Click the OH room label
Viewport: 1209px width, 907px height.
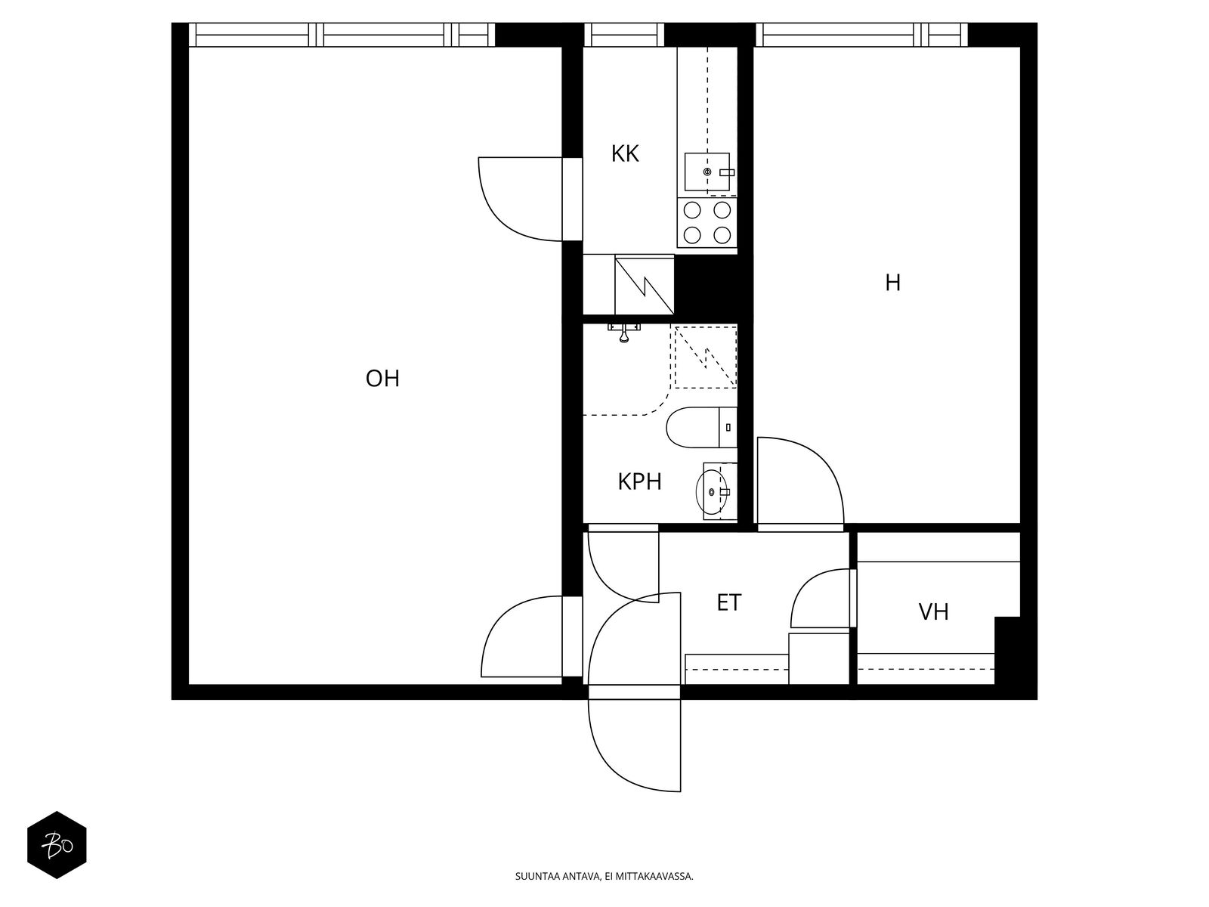(382, 379)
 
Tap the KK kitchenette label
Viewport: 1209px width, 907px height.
(625, 154)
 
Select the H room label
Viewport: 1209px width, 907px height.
(892, 283)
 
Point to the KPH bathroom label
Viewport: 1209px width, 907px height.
(639, 482)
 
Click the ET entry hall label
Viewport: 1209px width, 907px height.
(728, 603)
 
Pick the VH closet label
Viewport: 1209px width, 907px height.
(933, 611)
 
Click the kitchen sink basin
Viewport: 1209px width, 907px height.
(707, 172)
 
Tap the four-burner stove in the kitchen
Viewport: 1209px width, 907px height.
(707, 222)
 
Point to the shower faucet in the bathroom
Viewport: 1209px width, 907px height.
(624, 332)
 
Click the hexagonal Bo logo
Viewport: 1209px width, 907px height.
(57, 845)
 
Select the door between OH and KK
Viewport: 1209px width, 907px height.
(521, 199)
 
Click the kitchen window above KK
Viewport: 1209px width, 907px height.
(623, 35)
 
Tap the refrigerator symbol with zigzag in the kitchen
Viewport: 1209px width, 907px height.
(644, 284)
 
